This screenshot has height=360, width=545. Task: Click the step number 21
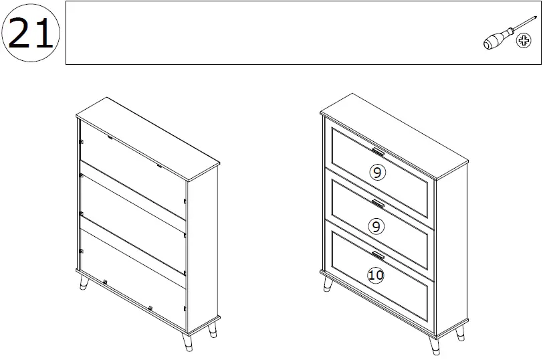[x=31, y=33]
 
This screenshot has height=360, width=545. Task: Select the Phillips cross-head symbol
[x=524, y=42]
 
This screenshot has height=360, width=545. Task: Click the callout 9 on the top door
[x=377, y=173]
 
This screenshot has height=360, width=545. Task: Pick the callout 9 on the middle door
[x=376, y=226]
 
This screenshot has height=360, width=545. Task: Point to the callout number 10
[x=376, y=274]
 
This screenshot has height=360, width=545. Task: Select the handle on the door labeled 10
[x=378, y=254]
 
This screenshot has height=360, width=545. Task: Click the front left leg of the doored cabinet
[x=328, y=284]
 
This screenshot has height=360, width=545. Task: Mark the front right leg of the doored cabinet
[x=433, y=344]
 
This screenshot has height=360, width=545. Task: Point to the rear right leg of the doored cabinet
[x=461, y=333]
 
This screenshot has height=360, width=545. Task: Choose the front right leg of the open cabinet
[x=187, y=343]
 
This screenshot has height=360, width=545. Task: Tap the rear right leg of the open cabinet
[x=213, y=330]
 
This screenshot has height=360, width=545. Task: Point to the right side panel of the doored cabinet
[x=451, y=248]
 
